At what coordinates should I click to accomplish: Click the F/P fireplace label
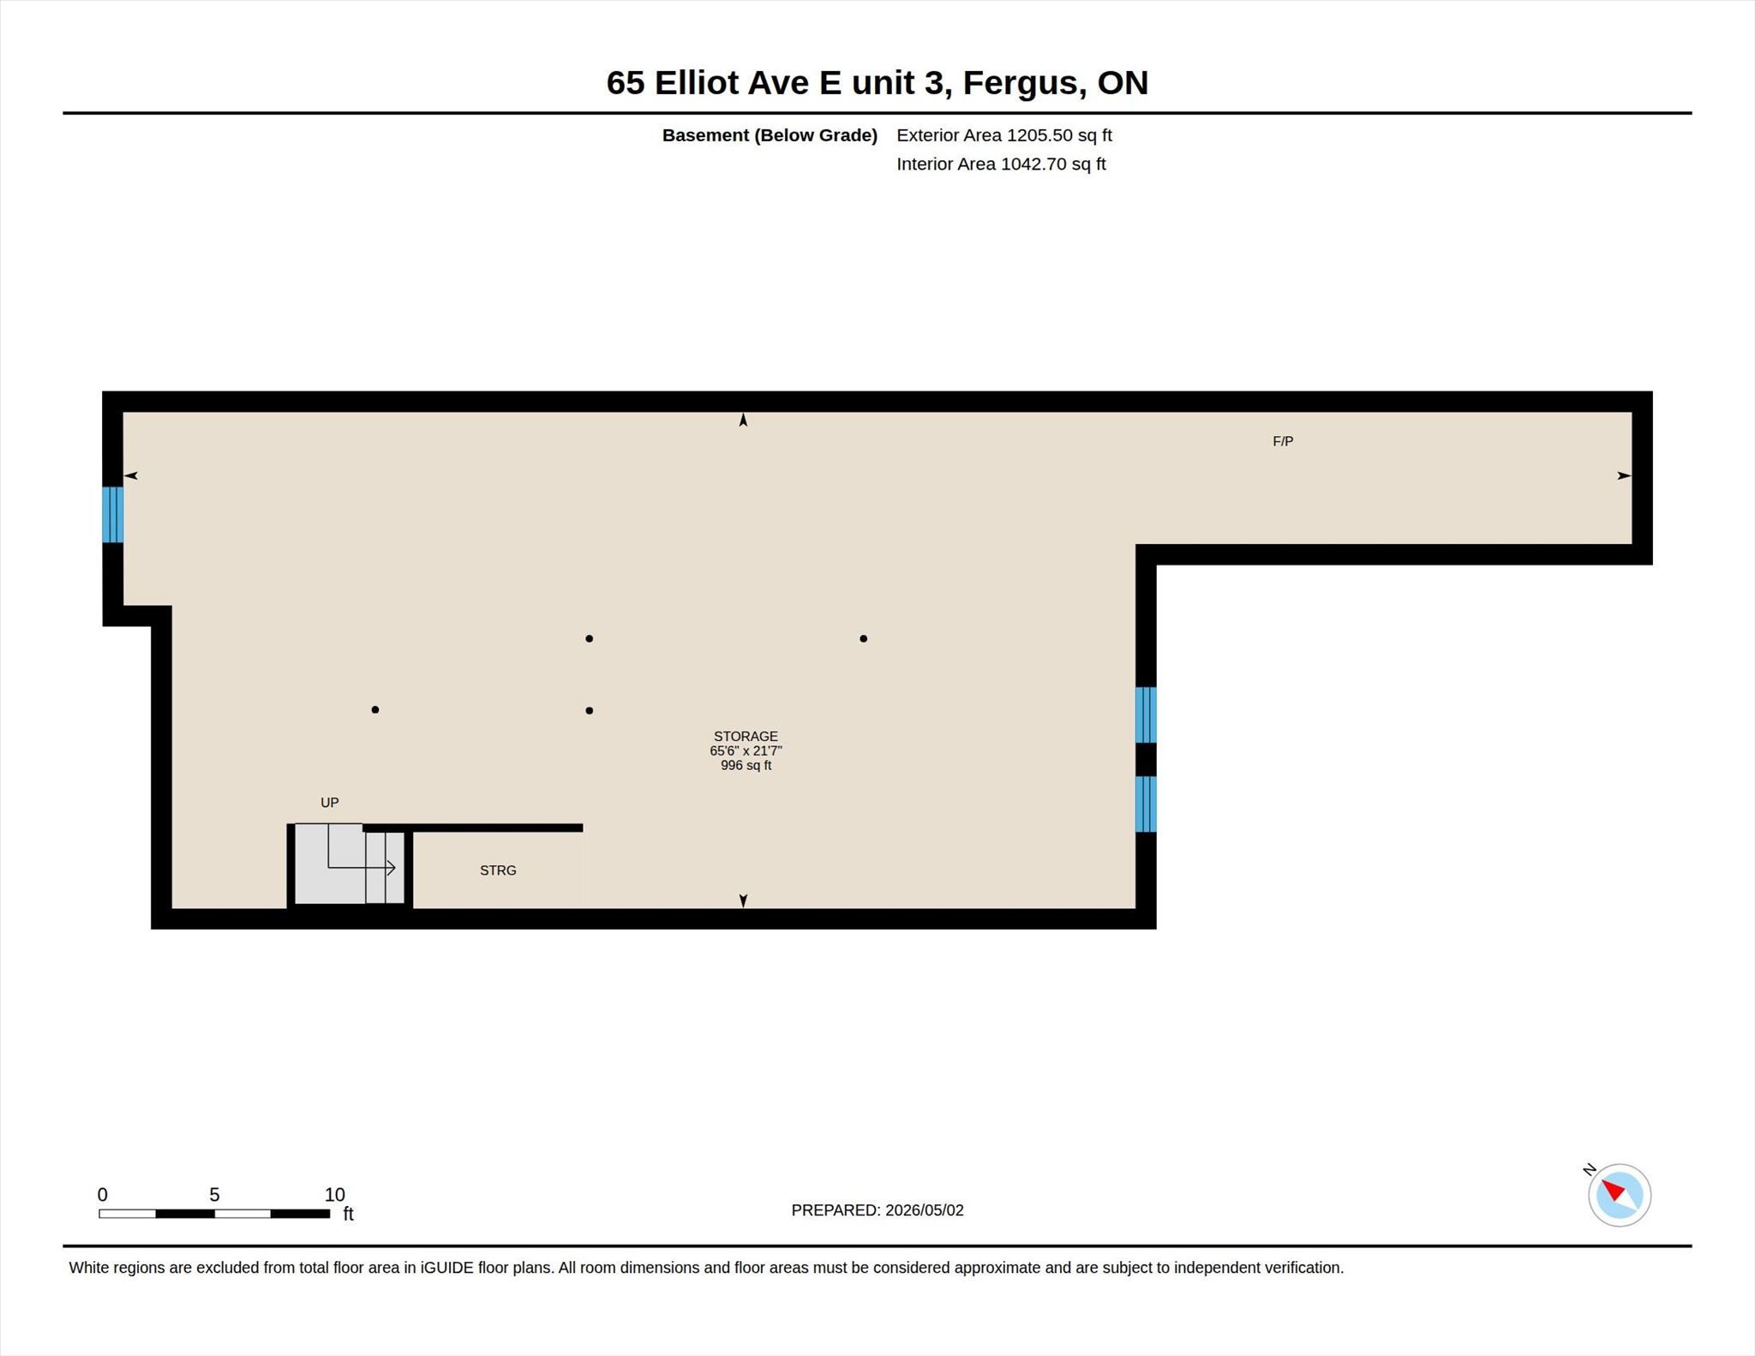pyautogui.click(x=1283, y=441)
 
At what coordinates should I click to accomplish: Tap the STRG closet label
pyautogui.click(x=498, y=870)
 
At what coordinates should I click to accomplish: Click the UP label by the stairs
pyautogui.click(x=330, y=803)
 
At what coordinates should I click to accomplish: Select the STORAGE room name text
pyautogui.click(x=746, y=736)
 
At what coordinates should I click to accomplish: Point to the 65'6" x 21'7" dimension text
pyautogui.click(x=746, y=750)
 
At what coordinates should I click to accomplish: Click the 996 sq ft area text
pyautogui.click(x=746, y=765)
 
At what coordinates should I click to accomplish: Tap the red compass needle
pyautogui.click(x=1614, y=1190)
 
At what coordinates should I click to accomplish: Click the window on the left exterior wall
pyautogui.click(x=112, y=515)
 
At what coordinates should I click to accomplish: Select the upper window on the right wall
pyautogui.click(x=1146, y=714)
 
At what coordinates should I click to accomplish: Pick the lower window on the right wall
pyautogui.click(x=1146, y=803)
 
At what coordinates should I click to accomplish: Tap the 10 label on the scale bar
pyautogui.click(x=334, y=1194)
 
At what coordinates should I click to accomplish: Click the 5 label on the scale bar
pyautogui.click(x=214, y=1194)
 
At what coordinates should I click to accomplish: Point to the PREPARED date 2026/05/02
pyautogui.click(x=925, y=1210)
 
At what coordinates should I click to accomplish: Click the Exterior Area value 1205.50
pyautogui.click(x=1040, y=135)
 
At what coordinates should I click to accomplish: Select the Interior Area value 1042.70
pyautogui.click(x=1034, y=164)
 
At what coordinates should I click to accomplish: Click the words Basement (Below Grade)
pyautogui.click(x=770, y=135)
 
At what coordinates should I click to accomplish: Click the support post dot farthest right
pyautogui.click(x=863, y=638)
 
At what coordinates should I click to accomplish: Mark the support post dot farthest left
pyautogui.click(x=375, y=709)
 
